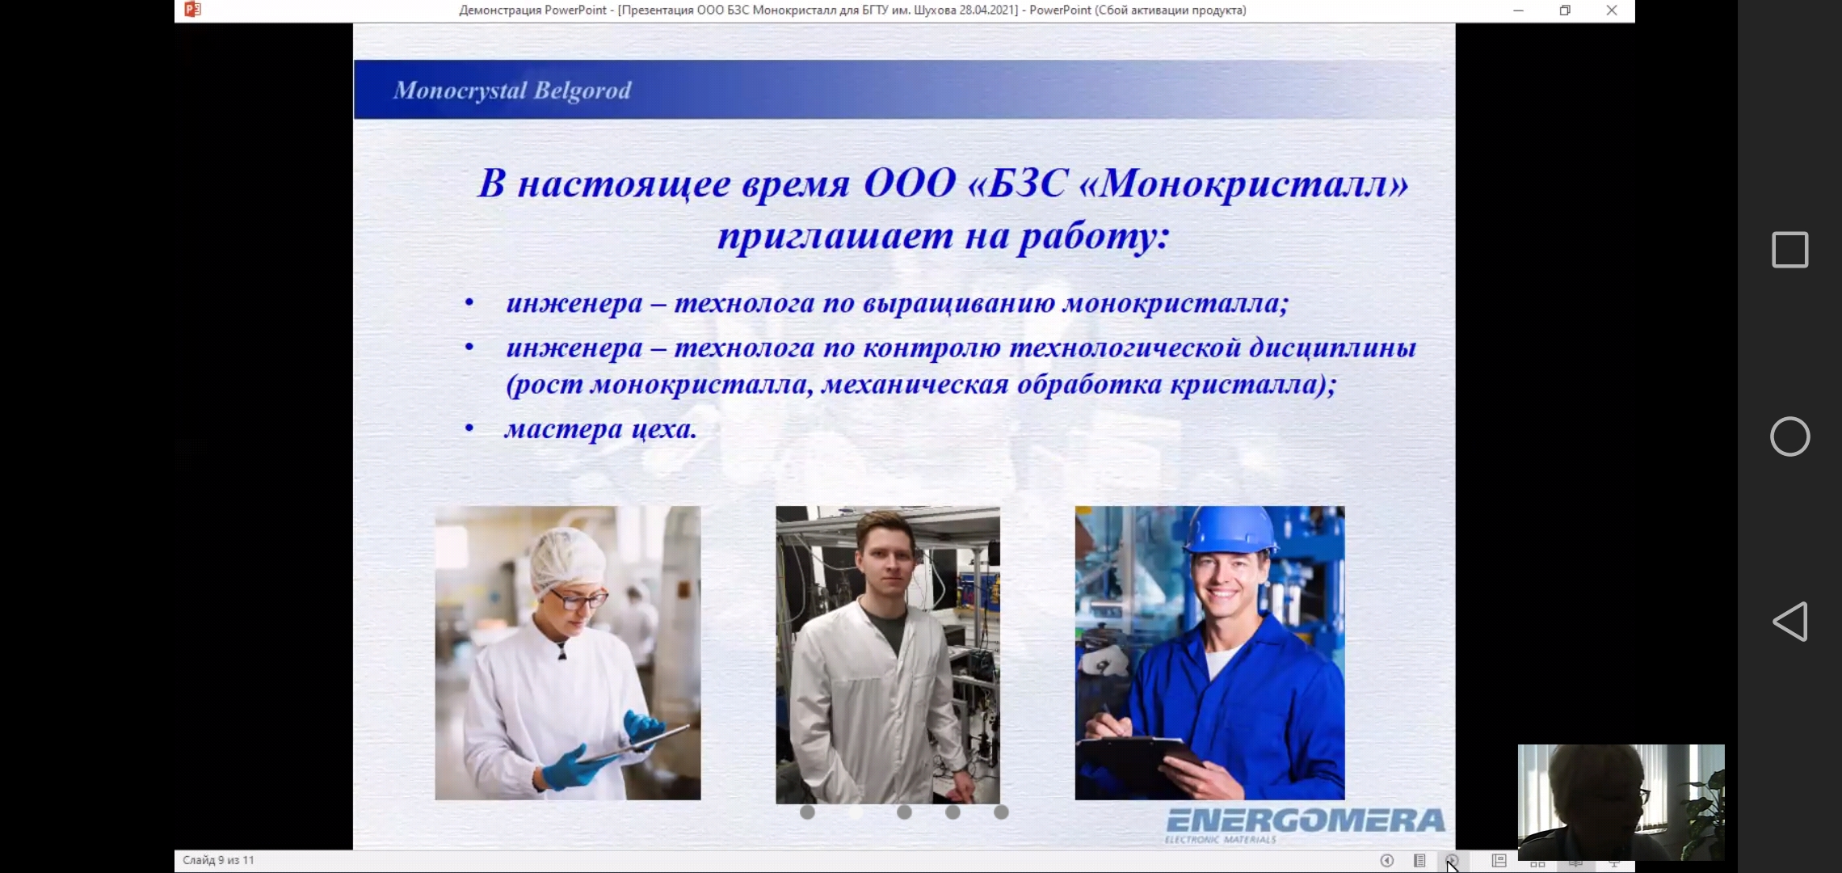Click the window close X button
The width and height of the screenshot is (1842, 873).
tap(1612, 11)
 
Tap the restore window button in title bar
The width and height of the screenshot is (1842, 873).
tap(1565, 11)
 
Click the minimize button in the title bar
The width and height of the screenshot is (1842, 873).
tap(1518, 11)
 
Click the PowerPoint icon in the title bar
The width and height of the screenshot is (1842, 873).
tap(192, 10)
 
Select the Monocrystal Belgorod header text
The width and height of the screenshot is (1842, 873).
tap(512, 91)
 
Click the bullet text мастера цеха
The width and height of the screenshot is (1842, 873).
tap(600, 429)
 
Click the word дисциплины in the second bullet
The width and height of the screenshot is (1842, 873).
tap(1333, 348)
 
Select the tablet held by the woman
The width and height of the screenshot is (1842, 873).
tap(634, 744)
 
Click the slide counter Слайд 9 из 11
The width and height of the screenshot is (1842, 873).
tap(218, 860)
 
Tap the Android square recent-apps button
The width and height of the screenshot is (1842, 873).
tap(1790, 250)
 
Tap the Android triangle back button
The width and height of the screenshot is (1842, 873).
tap(1790, 622)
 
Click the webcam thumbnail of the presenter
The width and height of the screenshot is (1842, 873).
tap(1621, 802)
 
